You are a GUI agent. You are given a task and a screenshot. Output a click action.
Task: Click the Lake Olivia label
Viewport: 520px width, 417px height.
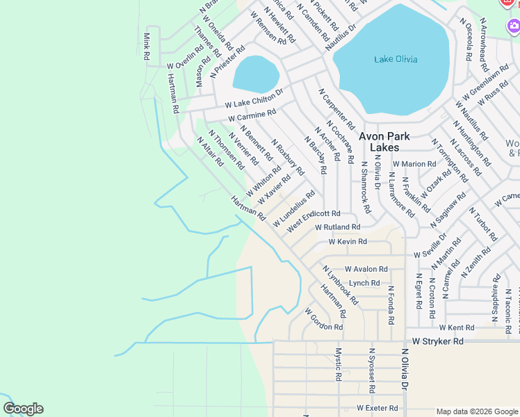396,59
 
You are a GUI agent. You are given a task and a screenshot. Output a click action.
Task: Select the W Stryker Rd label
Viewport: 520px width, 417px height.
437,342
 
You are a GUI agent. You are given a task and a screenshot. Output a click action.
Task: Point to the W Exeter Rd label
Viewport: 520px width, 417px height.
377,408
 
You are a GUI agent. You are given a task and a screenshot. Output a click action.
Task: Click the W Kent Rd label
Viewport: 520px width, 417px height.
456,327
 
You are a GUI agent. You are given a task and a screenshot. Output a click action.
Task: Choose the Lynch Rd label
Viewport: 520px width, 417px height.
364,283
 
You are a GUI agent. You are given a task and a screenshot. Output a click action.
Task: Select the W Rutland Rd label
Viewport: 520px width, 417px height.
337,227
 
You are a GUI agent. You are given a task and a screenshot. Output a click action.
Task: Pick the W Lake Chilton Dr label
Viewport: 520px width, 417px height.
254,97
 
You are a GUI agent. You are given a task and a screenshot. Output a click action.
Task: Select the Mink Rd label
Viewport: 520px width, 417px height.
147,46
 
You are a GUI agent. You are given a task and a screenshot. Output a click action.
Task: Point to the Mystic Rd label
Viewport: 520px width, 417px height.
339,364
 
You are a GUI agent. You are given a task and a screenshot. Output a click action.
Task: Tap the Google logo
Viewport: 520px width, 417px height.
23,409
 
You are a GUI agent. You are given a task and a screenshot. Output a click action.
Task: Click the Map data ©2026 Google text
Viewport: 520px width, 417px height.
476,411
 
